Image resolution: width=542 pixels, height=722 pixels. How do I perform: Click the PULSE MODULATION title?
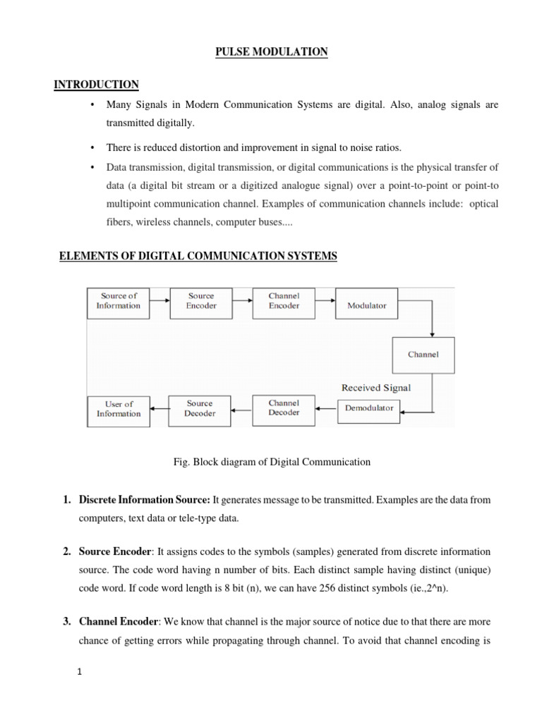pos(272,53)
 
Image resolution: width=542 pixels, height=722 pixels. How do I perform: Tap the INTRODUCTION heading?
pos(97,85)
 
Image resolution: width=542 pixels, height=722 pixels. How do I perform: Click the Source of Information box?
pos(119,302)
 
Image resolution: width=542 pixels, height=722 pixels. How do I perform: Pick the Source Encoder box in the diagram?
pos(200,302)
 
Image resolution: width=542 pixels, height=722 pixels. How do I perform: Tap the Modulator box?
pos(366,306)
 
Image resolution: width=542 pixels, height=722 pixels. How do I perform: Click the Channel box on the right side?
pos(423,355)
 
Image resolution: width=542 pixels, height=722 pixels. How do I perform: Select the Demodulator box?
pos(369,408)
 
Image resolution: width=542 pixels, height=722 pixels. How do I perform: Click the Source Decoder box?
pos(200,408)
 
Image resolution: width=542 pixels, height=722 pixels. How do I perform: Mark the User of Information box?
pos(119,409)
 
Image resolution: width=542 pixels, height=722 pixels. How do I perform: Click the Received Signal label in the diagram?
pos(376,387)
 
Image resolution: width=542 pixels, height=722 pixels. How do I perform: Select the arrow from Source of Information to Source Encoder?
pos(159,302)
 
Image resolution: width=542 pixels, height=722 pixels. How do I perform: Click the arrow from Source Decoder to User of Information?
pos(159,409)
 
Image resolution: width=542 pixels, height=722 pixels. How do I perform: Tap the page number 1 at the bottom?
pos(80,672)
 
